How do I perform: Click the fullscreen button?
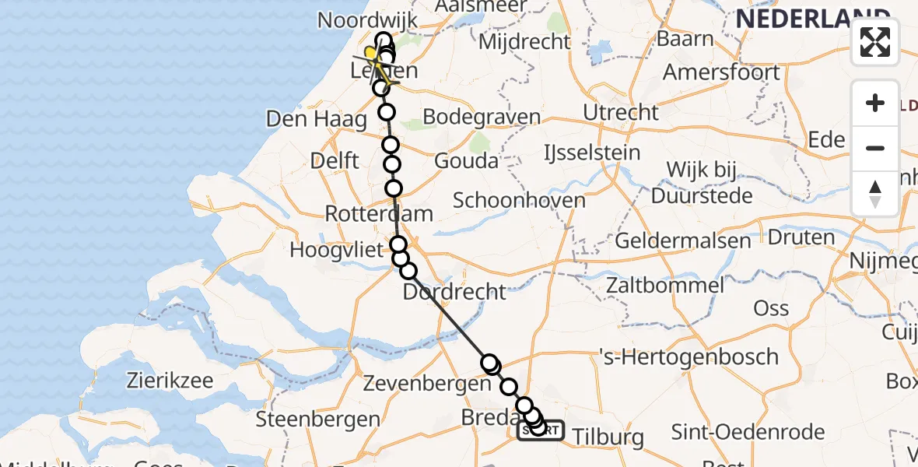point(875,42)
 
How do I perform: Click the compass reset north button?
point(875,193)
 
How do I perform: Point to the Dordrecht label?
point(454,292)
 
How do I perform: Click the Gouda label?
point(466,161)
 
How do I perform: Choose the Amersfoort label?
point(721,72)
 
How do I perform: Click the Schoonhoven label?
point(519,200)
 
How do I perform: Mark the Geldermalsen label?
point(683,241)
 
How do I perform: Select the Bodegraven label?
point(482,118)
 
